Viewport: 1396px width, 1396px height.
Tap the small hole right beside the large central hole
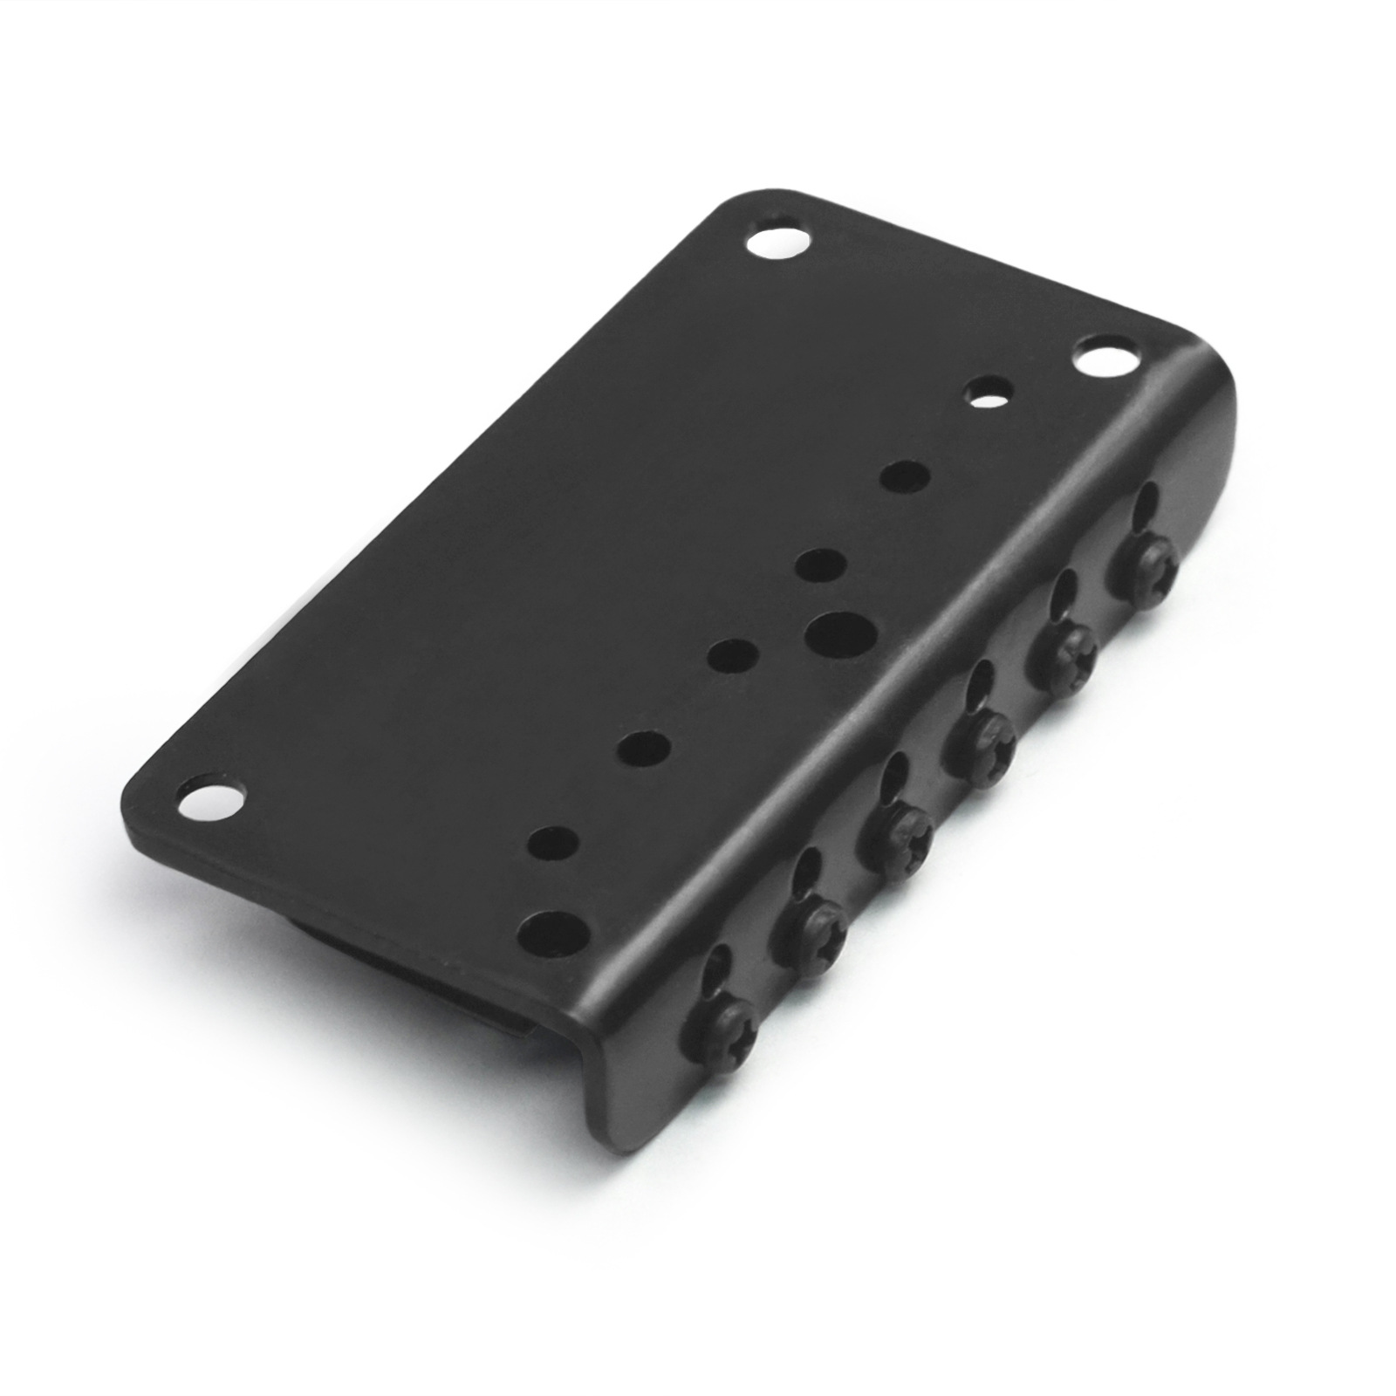(x=821, y=564)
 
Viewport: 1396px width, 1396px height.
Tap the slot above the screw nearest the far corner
(x=1146, y=508)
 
